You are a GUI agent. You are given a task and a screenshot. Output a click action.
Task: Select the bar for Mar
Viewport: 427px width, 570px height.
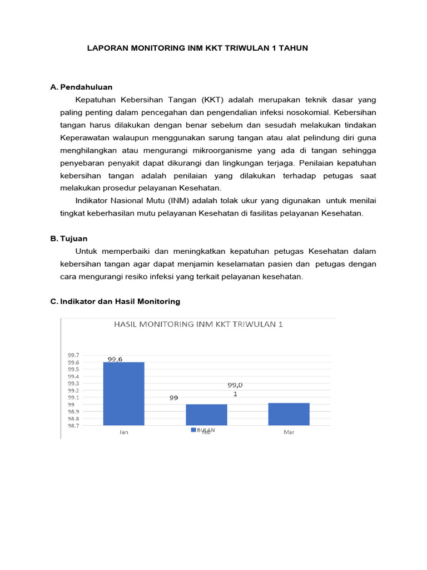tap(289, 414)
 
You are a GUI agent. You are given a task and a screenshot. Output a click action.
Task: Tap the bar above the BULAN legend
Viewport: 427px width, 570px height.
tap(206, 415)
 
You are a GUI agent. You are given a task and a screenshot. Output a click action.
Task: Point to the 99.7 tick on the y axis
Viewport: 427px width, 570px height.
tap(73, 355)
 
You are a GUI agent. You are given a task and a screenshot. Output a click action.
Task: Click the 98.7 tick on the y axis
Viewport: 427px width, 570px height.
tap(73, 425)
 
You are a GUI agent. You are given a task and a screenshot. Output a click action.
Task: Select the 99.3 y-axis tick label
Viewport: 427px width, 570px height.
tap(73, 384)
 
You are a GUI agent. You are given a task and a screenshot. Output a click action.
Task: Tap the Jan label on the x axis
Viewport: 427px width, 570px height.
tap(123, 433)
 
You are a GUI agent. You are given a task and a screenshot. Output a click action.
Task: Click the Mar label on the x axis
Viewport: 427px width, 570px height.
tap(289, 433)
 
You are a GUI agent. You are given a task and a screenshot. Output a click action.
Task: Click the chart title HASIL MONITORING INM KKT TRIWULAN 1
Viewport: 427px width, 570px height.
tap(198, 324)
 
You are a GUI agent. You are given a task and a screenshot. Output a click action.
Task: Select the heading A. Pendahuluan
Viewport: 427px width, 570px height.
tap(81, 87)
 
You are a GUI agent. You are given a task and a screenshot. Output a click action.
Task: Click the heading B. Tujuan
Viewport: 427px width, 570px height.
tap(68, 238)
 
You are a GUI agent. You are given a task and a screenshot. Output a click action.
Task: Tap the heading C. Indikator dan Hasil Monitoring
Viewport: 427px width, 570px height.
tap(115, 301)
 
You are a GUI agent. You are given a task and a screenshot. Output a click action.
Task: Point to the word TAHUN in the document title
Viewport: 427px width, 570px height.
tap(294, 48)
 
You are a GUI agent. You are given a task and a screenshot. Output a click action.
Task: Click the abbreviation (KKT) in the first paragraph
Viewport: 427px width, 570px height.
tap(213, 100)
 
